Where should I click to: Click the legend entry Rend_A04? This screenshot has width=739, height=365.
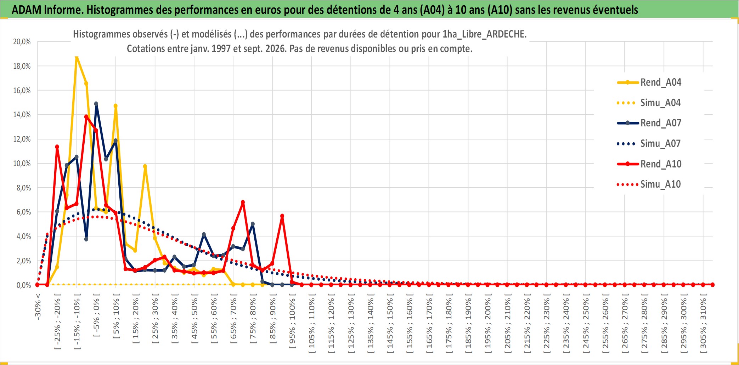click(649, 82)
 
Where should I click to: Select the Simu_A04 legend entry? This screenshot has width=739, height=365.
click(649, 103)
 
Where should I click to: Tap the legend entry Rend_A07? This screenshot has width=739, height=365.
click(649, 123)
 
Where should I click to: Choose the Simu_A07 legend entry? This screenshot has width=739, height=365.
click(649, 144)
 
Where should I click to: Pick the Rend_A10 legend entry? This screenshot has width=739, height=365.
click(649, 164)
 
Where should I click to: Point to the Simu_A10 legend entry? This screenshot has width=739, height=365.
click(649, 184)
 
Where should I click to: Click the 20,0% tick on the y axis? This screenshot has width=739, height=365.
click(22, 42)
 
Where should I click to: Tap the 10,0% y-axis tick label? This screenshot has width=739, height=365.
click(22, 164)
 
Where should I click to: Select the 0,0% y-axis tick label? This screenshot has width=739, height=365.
click(24, 285)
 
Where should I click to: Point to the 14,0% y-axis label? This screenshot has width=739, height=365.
click(22, 115)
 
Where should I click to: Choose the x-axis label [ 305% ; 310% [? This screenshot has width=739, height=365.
click(703, 323)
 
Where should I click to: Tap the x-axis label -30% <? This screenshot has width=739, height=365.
click(38, 307)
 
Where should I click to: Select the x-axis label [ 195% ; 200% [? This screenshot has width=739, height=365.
click(488, 323)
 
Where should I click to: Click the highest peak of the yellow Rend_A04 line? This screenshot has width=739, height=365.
click(77, 57)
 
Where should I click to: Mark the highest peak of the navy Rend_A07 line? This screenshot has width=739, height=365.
click(96, 104)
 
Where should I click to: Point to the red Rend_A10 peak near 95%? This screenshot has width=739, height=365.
click(282, 216)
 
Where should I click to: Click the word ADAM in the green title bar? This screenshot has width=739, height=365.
click(27, 10)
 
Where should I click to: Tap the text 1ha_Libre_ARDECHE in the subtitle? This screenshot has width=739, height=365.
click(484, 34)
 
